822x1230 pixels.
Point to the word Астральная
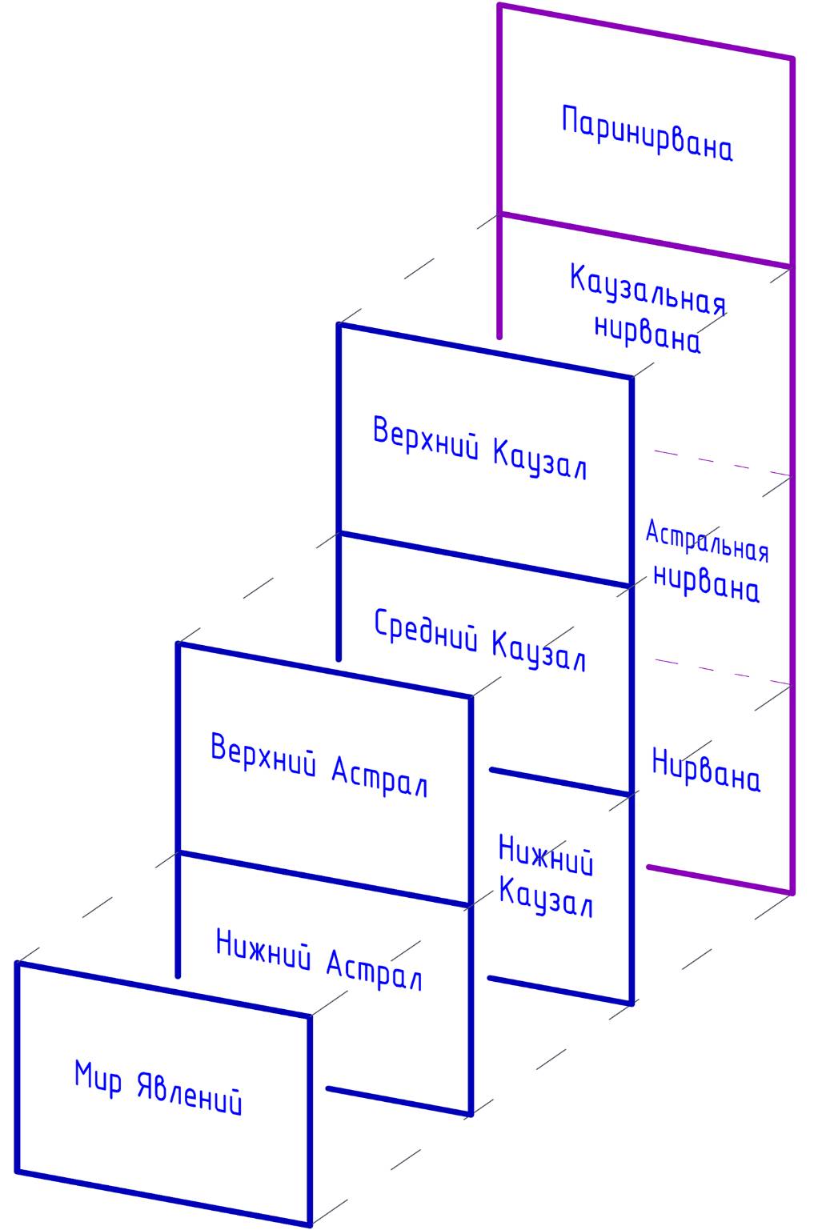[707, 543]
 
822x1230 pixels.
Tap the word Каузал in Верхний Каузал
[539, 461]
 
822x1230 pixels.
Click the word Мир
[98, 1078]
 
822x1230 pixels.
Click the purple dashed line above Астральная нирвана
[720, 463]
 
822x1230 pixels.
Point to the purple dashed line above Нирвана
[720, 672]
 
